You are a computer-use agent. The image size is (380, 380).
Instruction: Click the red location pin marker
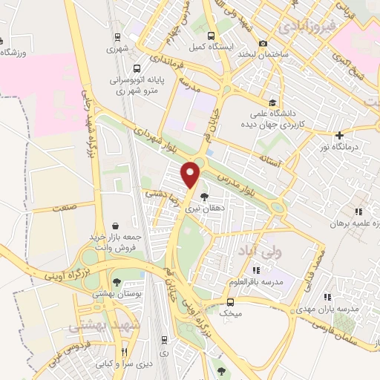[x=192, y=175]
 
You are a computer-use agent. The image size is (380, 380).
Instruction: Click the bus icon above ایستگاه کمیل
[x=212, y=35]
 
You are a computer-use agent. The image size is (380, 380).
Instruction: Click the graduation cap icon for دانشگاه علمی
[x=273, y=103]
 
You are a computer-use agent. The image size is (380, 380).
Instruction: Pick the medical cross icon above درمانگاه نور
[x=339, y=136]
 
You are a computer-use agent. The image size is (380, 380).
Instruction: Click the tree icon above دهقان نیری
[x=204, y=197]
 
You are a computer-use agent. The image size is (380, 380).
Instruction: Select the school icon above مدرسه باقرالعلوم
[x=257, y=270]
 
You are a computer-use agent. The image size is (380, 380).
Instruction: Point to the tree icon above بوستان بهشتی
[x=117, y=281]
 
